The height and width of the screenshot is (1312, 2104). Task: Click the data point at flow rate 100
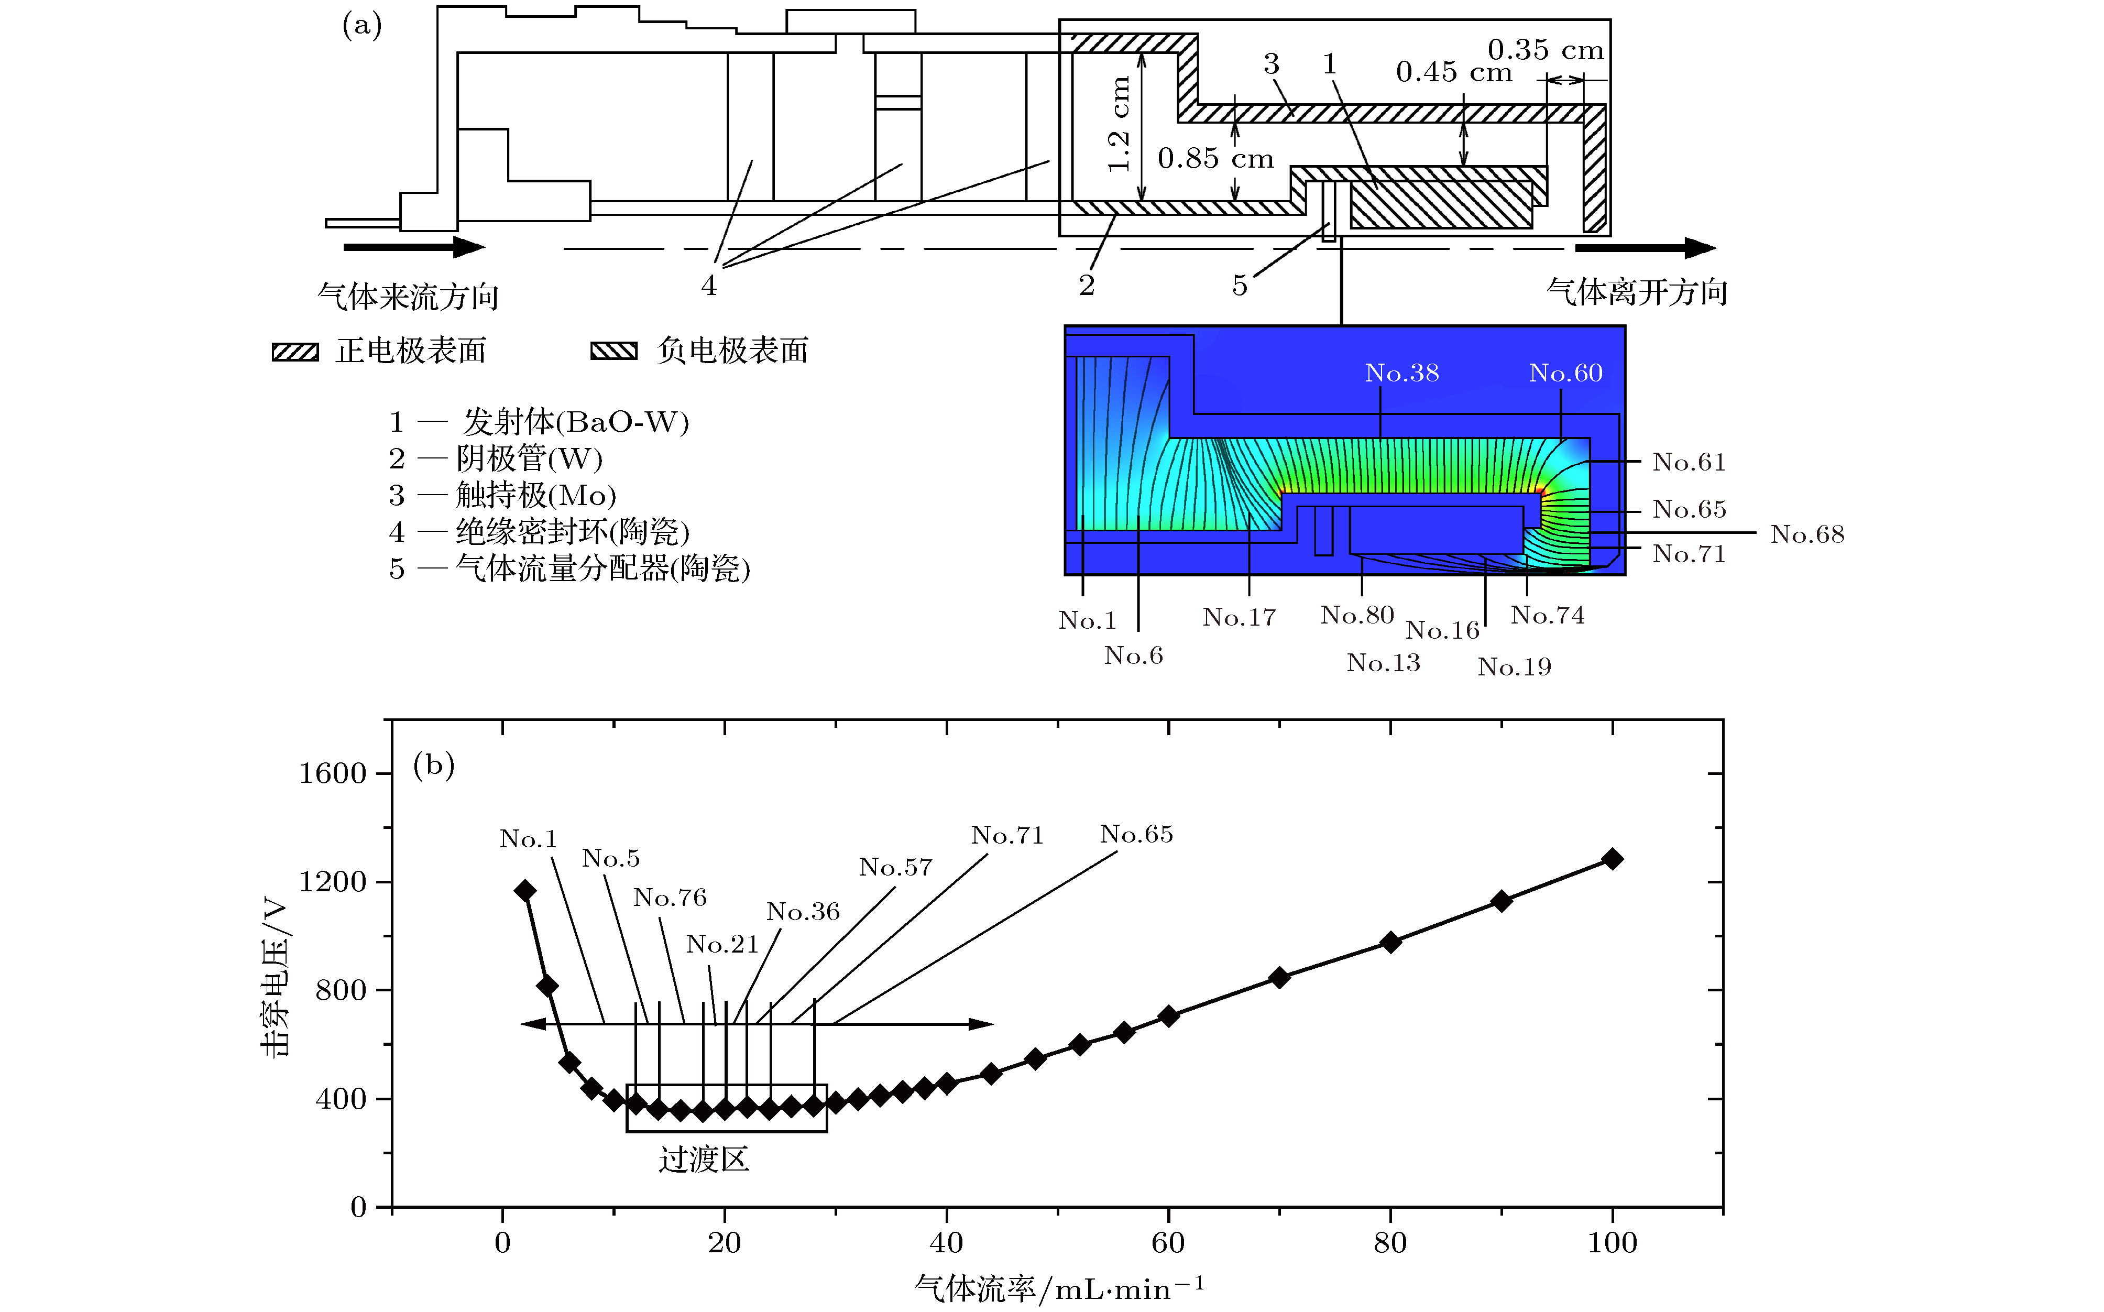pyautogui.click(x=1612, y=859)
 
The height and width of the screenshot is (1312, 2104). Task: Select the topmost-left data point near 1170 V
pyautogui.click(x=525, y=890)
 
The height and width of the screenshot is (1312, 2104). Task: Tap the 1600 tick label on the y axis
pyautogui.click(x=332, y=773)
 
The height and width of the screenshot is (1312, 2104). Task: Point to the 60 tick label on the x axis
pyautogui.click(x=1168, y=1243)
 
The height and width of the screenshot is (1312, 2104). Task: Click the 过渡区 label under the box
pyautogui.click(x=704, y=1160)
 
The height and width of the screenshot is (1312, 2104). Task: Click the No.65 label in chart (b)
pyautogui.click(x=1136, y=835)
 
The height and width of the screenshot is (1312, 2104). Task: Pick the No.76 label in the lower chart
pyautogui.click(x=670, y=897)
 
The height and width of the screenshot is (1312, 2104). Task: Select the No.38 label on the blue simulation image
pyautogui.click(x=1402, y=373)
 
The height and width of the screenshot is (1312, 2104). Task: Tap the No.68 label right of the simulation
pyautogui.click(x=1807, y=534)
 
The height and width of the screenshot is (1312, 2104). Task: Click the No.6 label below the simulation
pyautogui.click(x=1133, y=656)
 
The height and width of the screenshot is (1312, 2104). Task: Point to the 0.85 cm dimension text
pyautogui.click(x=1215, y=159)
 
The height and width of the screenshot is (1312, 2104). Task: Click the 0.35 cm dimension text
pyautogui.click(x=1546, y=49)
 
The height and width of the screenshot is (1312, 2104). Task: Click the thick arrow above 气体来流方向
pyautogui.click(x=414, y=247)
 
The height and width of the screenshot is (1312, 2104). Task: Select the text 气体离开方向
pyautogui.click(x=1636, y=292)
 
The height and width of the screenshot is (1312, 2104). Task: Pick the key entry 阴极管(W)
pyautogui.click(x=529, y=458)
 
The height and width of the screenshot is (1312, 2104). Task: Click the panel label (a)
pyautogui.click(x=362, y=26)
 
